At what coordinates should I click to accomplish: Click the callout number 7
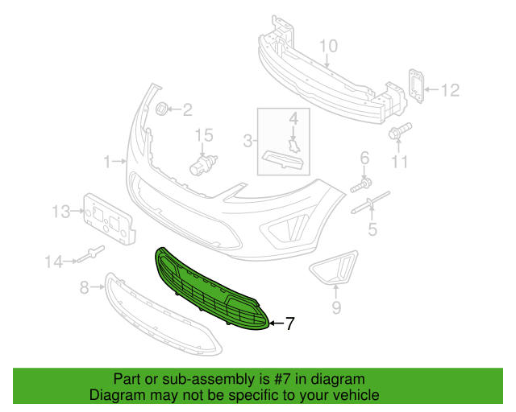point(289,323)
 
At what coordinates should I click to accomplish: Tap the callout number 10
point(328,46)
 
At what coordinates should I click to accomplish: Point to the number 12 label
point(450,90)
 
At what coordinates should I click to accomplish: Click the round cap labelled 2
point(161,109)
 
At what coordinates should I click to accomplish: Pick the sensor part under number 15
point(203,165)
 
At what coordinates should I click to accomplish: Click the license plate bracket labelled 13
point(109,219)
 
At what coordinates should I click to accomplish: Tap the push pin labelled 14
point(92,253)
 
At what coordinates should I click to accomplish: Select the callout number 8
point(85,288)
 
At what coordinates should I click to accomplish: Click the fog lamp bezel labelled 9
point(334,268)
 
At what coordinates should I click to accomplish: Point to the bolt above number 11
point(400,130)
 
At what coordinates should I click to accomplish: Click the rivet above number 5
point(371,202)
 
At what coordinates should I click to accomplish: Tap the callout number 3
point(248,141)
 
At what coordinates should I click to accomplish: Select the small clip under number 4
point(293,146)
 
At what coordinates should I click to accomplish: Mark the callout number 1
point(107,162)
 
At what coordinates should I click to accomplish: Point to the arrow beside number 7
point(276,323)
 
